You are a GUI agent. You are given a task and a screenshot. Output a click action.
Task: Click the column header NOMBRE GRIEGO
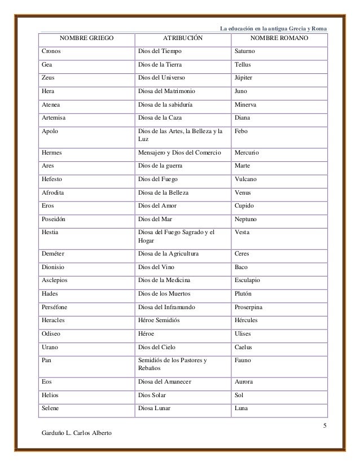coord(86,39)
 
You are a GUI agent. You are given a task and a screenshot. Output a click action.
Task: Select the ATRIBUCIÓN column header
coord(183,39)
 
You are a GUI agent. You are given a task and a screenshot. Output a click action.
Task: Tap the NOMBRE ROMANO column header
coord(279,39)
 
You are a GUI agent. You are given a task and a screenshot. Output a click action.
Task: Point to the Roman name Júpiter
coord(245,77)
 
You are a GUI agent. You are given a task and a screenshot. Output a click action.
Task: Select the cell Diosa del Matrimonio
coord(168,90)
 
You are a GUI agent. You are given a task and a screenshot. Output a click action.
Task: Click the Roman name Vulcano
coord(247,179)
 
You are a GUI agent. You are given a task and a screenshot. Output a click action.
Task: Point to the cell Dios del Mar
coord(157,219)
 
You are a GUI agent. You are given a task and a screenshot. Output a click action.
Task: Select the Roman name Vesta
coord(243,232)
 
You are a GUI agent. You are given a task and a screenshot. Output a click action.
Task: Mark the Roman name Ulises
coord(244,335)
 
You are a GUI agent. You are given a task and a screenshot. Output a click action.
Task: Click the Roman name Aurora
coord(245,382)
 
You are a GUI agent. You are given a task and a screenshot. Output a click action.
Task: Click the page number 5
coord(325,424)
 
